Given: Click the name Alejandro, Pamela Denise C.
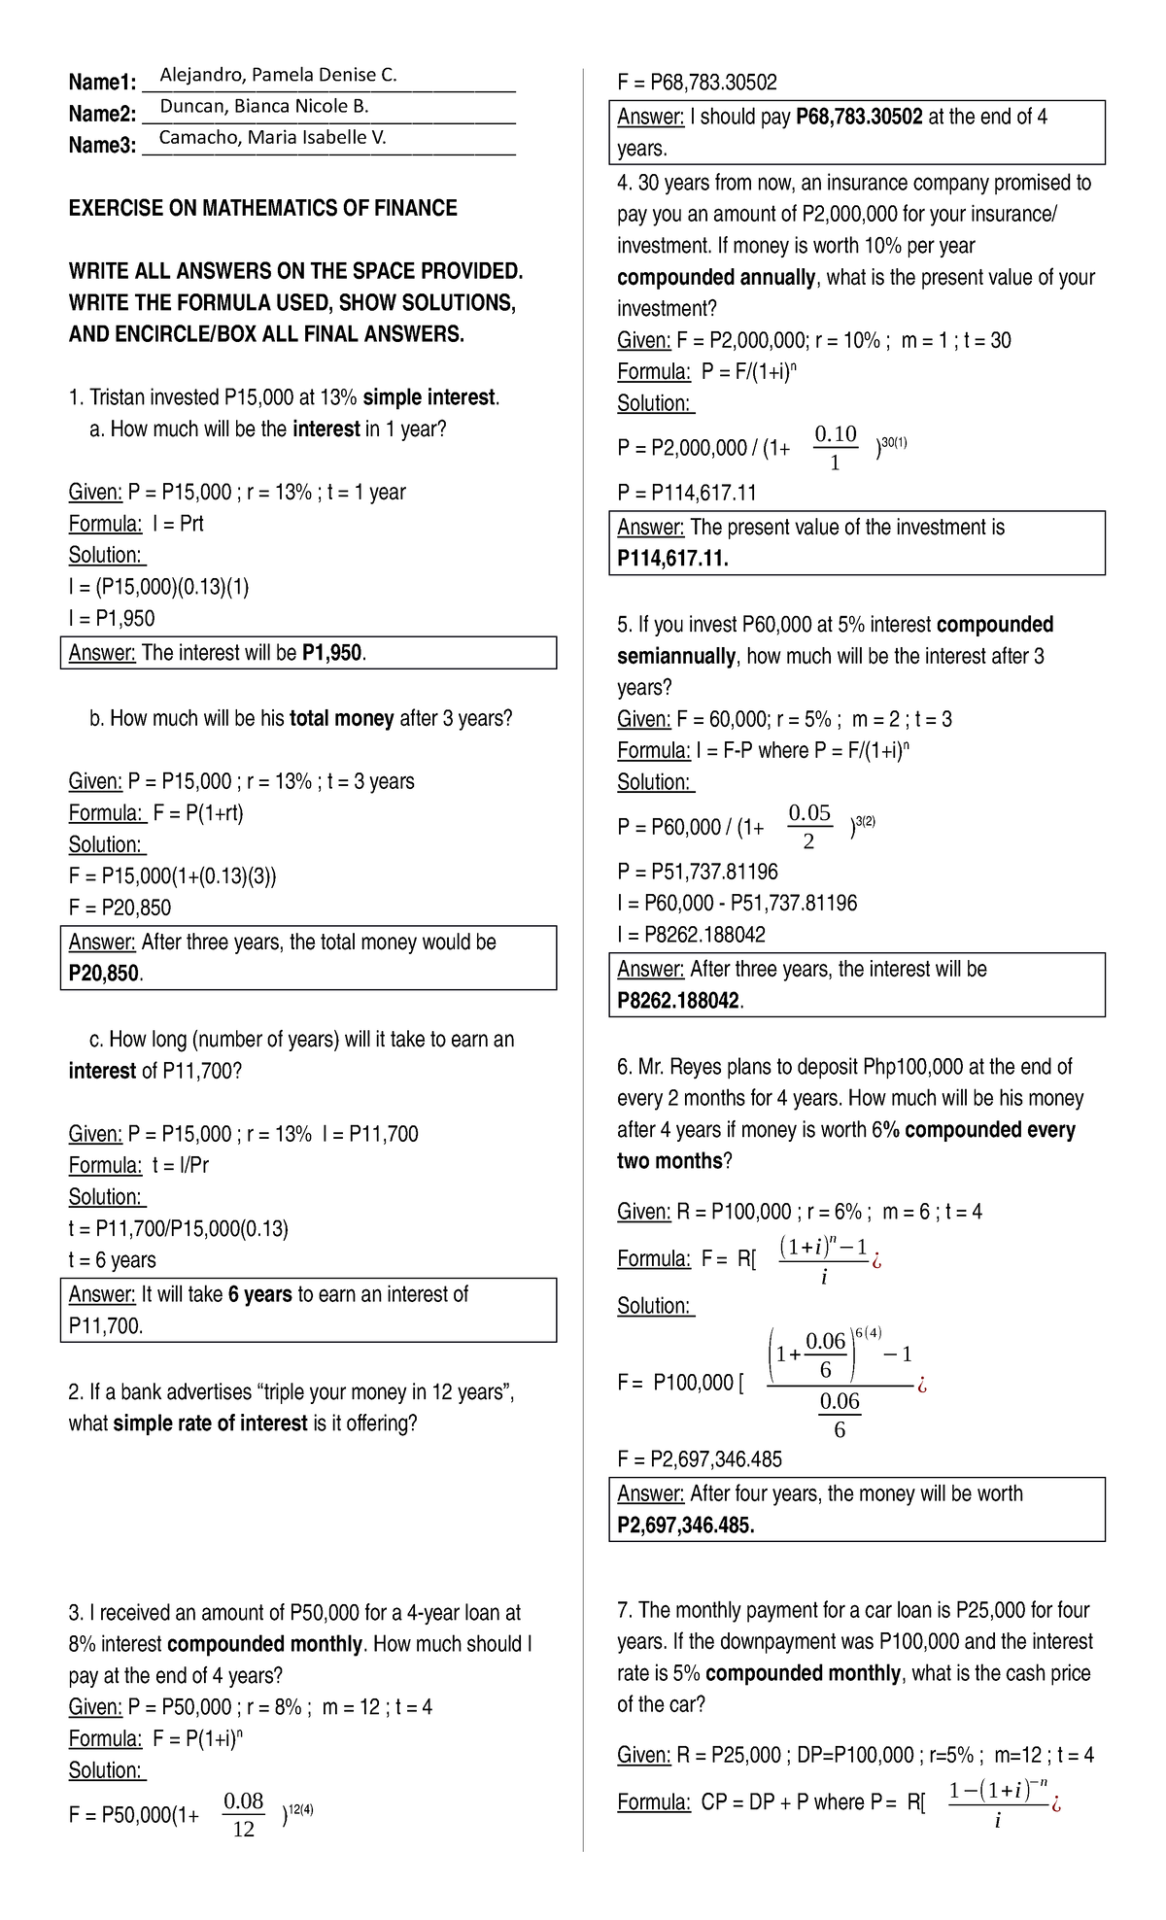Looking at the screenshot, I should pyautogui.click(x=278, y=76).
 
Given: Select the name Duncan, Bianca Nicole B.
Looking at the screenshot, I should pyautogui.click(x=263, y=107).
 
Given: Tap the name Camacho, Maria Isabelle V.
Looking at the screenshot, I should pyautogui.click(x=272, y=138).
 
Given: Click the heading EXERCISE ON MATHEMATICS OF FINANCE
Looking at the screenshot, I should pyautogui.click(x=262, y=208).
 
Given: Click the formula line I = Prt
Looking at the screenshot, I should pyautogui.click(x=136, y=524).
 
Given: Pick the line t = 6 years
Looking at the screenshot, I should pyautogui.click(x=112, y=1260).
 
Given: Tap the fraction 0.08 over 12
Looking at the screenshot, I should pyautogui.click(x=244, y=1815).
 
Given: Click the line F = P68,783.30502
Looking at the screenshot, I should pyautogui.click(x=697, y=83).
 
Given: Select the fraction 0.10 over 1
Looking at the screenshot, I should pyautogui.click(x=835, y=447).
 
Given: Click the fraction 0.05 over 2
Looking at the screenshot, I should pyautogui.click(x=809, y=826).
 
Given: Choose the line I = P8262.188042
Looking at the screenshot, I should pyautogui.click(x=691, y=935).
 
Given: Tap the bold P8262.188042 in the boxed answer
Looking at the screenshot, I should pyautogui.click(x=678, y=1001).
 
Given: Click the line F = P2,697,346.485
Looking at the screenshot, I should pyautogui.click(x=700, y=1459).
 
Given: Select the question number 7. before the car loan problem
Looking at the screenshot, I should pyautogui.click(x=625, y=1610).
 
